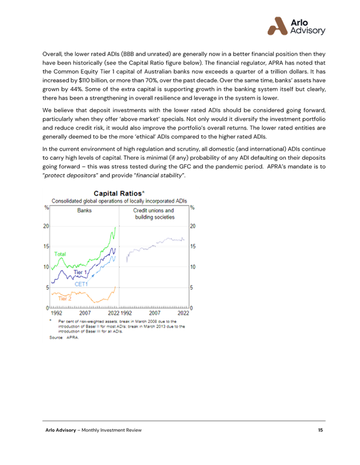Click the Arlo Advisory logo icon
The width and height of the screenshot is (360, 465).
click(x=277, y=26)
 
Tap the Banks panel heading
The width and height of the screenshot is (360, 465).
click(x=84, y=210)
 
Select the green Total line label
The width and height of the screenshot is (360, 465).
click(x=60, y=254)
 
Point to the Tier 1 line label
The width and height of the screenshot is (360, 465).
click(x=80, y=272)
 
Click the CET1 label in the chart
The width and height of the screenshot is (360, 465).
click(x=81, y=284)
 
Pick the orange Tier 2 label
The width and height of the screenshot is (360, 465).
click(x=65, y=298)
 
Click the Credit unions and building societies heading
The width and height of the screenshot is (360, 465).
click(x=154, y=214)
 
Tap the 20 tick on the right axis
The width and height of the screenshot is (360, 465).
click(x=193, y=226)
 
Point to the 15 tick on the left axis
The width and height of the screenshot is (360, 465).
click(x=46, y=246)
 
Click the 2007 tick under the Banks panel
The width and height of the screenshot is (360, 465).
click(x=85, y=313)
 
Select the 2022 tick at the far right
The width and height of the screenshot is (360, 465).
click(x=183, y=313)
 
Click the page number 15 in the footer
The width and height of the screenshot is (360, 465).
click(x=320, y=430)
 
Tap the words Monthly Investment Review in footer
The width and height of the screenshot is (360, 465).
click(x=112, y=430)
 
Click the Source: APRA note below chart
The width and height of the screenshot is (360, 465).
click(x=64, y=337)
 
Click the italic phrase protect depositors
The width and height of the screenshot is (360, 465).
click(x=70, y=175)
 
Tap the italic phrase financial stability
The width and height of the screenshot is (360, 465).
click(x=160, y=175)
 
